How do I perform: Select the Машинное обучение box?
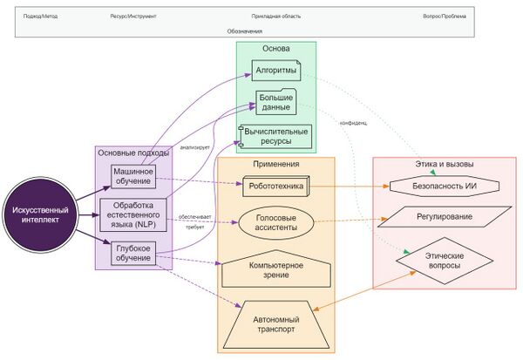[133, 176]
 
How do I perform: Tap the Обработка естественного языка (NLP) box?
[133, 214]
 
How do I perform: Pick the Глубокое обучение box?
[133, 254]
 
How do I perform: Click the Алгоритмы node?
[276, 70]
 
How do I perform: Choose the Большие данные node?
[276, 103]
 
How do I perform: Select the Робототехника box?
[275, 185]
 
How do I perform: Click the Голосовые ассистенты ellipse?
[275, 221]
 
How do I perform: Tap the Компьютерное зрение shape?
[275, 270]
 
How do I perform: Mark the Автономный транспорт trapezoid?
[275, 324]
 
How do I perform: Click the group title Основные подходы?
[133, 153]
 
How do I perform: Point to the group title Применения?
[276, 164]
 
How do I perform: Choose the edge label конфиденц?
[353, 123]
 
